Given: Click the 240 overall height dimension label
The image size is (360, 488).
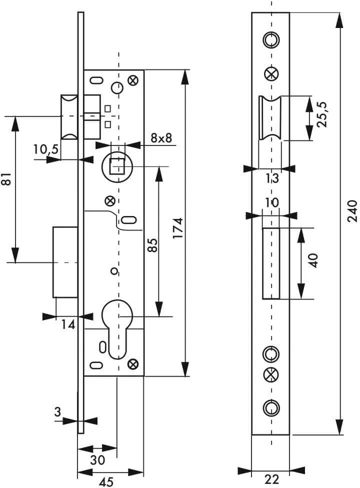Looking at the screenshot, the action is pos(352,211).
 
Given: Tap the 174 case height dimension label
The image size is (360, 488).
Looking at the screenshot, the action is pos(178,229).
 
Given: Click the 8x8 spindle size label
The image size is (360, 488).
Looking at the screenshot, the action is pos(161,138).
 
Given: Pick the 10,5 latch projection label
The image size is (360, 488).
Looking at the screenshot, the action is pos(46,149).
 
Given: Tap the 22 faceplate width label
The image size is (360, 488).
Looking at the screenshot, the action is pos(272,479).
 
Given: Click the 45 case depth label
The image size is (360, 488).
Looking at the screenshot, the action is pos(106,482).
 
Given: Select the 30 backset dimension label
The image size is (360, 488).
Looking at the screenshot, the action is pos(97,460).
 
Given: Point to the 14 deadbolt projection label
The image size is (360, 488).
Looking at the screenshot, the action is pos(68,325).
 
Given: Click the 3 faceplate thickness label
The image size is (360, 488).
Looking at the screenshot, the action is pos(57,412).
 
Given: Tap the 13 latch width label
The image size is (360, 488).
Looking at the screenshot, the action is pos(272,178).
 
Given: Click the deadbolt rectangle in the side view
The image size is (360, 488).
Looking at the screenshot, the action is pos(65,262).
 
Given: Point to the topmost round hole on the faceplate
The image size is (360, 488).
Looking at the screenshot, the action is pos(271,40).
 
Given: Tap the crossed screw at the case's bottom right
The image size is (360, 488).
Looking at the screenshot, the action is pos(133,364).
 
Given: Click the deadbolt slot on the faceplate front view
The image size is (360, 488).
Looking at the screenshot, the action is pos(271,263).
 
